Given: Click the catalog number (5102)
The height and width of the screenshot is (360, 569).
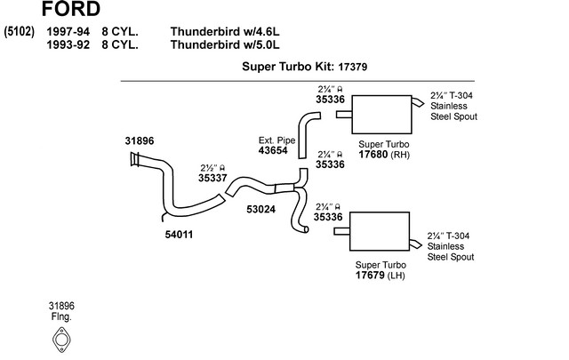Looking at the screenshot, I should click(19, 31).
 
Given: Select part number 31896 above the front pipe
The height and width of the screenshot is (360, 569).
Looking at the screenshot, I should click(140, 140).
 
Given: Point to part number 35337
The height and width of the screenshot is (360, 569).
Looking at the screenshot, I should click(212, 178).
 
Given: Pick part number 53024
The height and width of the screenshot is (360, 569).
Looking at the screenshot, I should click(261, 210).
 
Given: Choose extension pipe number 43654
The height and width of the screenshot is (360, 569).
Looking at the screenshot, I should click(273, 151).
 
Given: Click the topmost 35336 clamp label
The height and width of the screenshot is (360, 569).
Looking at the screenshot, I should click(330, 100).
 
